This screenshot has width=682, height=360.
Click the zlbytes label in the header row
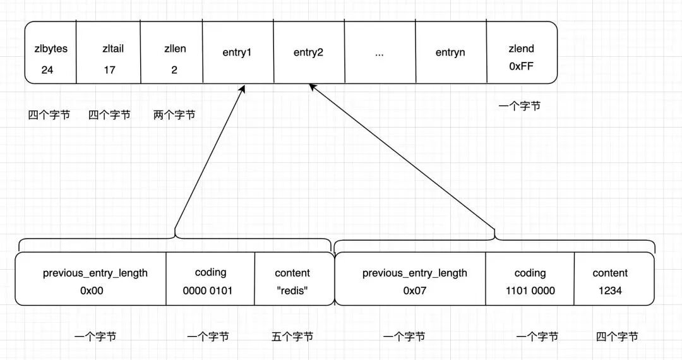[x=51, y=49]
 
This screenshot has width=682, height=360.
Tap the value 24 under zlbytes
[x=47, y=70]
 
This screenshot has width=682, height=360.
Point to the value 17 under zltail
[x=109, y=70]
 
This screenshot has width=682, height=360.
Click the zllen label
[x=174, y=49]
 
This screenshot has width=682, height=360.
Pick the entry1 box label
[x=237, y=52]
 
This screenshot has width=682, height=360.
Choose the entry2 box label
[x=308, y=52]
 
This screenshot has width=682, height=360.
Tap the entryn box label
[x=450, y=52]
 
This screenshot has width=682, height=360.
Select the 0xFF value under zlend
[x=521, y=66]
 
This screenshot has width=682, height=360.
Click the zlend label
[x=521, y=49]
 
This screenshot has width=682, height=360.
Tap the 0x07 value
[x=416, y=291]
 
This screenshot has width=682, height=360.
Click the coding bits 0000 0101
[x=210, y=291]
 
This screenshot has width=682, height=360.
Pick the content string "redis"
[x=292, y=291]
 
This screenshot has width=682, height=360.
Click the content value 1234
[x=610, y=291]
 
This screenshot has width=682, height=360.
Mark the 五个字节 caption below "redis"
[x=292, y=337]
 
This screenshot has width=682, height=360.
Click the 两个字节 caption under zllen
[x=174, y=115]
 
